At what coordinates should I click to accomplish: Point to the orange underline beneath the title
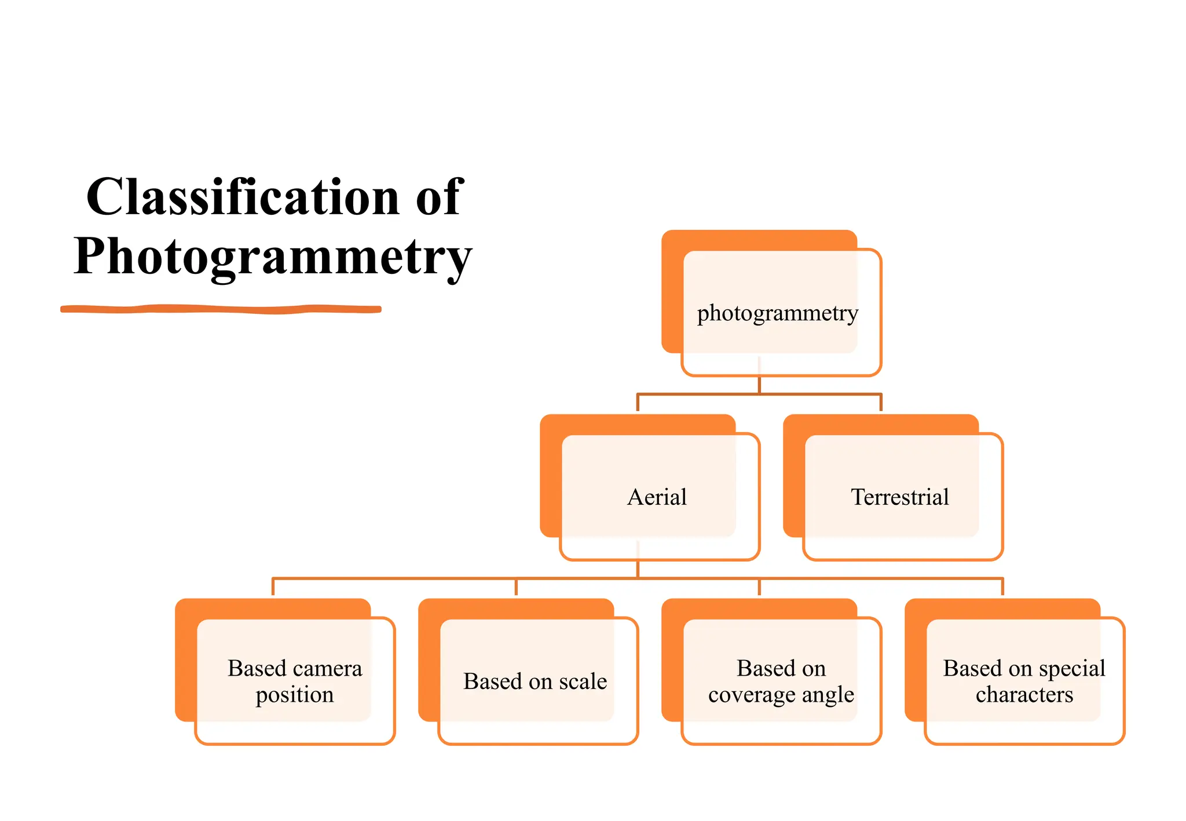[221, 309]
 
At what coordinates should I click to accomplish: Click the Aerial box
[657, 497]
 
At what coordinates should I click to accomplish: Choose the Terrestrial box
[899, 497]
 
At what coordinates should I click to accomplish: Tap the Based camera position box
[294, 681]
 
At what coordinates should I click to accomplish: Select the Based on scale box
[535, 681]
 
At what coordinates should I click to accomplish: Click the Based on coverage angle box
[781, 681]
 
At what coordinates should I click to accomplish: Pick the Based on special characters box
[1024, 681]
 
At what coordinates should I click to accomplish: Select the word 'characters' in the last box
[1024, 694]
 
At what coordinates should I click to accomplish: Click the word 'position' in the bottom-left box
[294, 695]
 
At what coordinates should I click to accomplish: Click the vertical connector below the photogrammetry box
[759, 385]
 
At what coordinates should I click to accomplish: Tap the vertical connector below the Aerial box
[638, 569]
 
